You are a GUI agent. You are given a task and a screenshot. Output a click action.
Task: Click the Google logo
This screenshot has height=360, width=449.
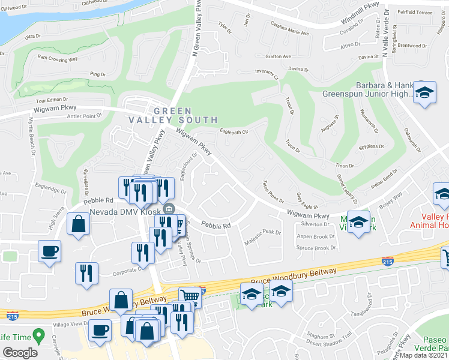click(x=20, y=352)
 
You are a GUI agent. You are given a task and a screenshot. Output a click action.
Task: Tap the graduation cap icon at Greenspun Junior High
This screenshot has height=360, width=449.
click(x=424, y=93)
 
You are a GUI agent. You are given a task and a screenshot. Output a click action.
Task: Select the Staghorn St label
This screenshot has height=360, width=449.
click(x=320, y=336)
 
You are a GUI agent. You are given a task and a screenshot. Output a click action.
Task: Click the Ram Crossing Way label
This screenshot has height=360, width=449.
click(x=58, y=58)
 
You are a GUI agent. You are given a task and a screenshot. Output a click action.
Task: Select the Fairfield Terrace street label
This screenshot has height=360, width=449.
click(x=415, y=12)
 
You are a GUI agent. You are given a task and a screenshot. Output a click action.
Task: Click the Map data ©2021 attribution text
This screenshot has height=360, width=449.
click(x=424, y=355)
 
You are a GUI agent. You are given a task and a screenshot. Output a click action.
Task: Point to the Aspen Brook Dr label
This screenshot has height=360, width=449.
click(x=316, y=236)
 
